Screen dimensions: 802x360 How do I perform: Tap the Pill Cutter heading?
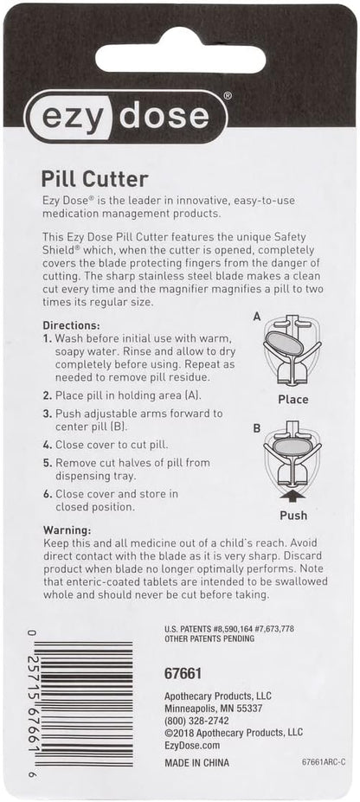pos(95,179)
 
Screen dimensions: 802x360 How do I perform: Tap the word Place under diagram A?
pos(292,400)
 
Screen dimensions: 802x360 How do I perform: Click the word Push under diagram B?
pos(292,515)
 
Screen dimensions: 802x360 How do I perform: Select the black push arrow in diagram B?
pos(293,494)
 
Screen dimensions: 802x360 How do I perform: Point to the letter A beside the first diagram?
pos(256,318)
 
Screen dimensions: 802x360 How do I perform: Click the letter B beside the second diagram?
pos(256,427)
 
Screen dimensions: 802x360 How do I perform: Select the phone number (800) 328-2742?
pos(197,720)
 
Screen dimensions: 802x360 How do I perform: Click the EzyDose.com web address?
pos(192,744)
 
